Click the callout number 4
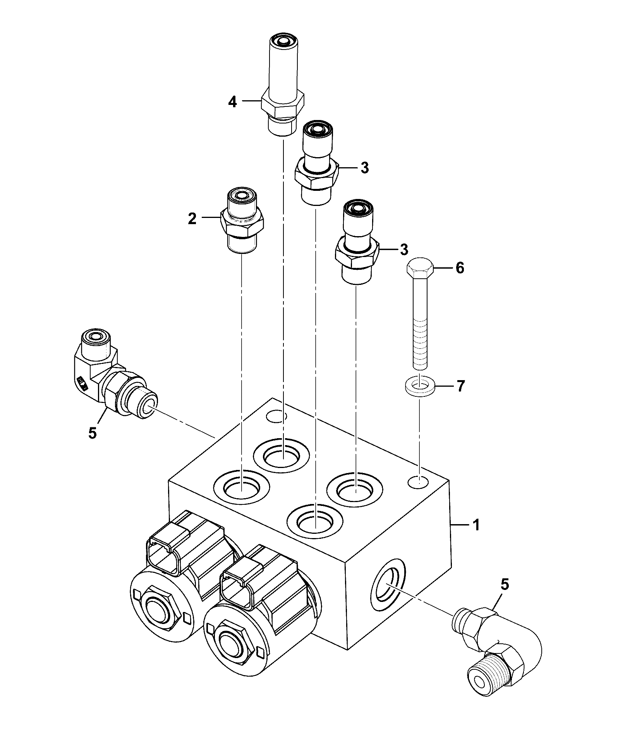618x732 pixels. point(232,102)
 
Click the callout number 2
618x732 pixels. point(192,219)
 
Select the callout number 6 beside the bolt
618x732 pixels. point(460,268)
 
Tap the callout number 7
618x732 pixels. point(460,386)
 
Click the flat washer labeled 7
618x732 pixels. point(420,386)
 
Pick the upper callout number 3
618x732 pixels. point(364,168)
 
